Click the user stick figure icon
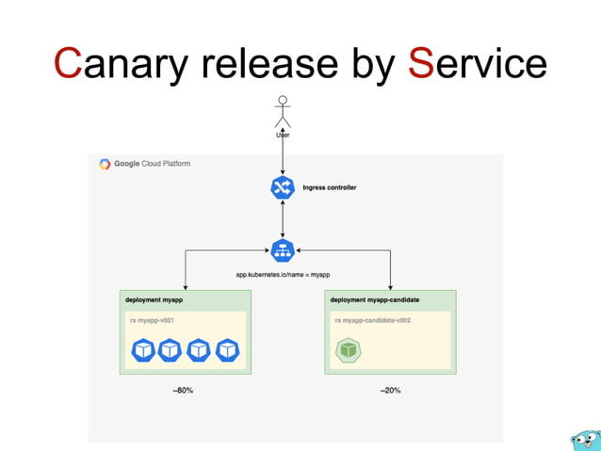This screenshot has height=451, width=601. [x=282, y=111]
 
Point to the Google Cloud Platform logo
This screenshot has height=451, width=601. [x=105, y=164]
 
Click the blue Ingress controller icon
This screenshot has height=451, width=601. [x=283, y=187]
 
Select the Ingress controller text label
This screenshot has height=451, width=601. [x=329, y=187]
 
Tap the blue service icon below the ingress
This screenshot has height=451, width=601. [x=283, y=250]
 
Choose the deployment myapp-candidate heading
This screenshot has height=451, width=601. [x=374, y=299]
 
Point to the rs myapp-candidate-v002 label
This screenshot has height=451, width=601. [x=372, y=320]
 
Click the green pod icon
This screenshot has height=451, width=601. [x=349, y=350]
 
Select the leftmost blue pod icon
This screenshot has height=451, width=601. [x=142, y=350]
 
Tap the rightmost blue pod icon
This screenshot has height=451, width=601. [x=228, y=350]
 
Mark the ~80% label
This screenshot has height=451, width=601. [x=183, y=390]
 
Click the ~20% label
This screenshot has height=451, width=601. [x=390, y=390]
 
